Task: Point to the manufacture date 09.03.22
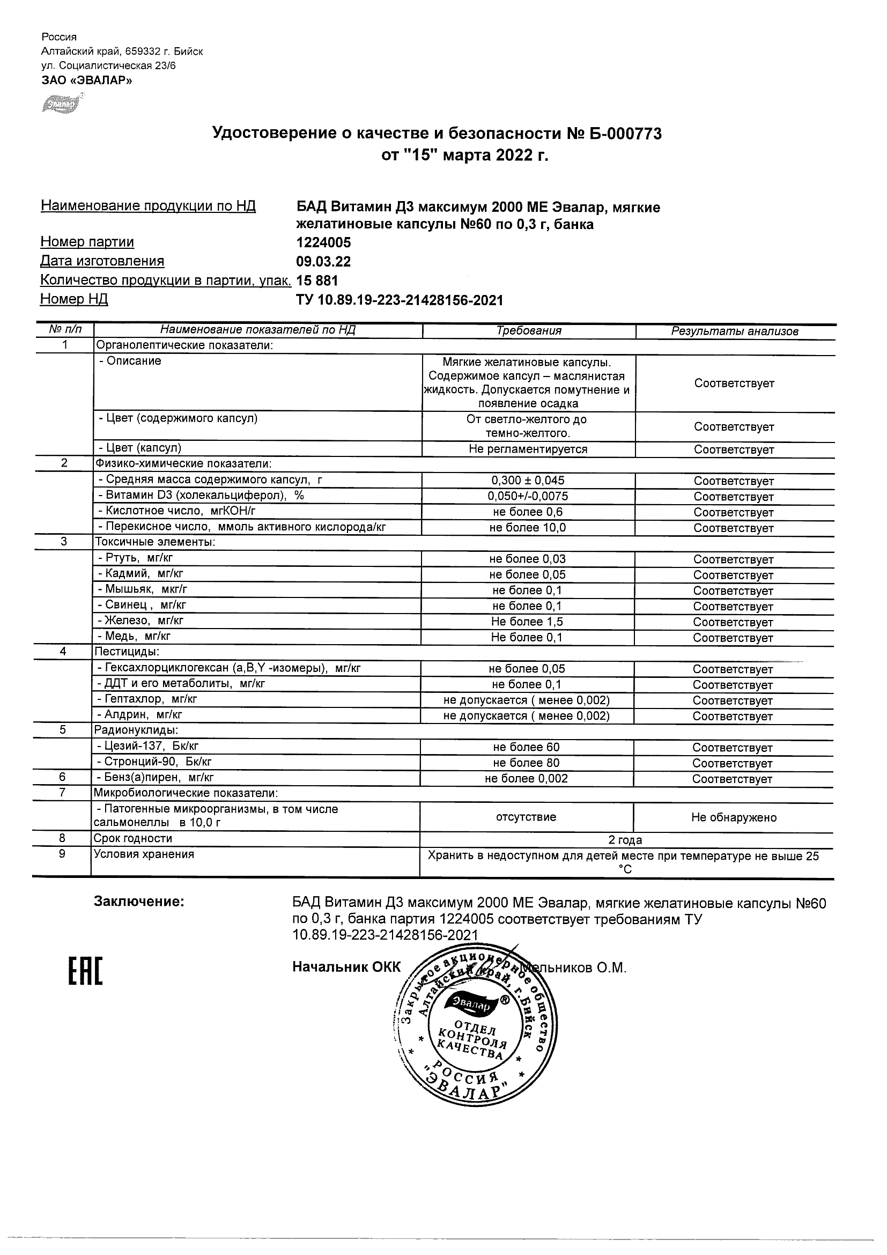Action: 323,261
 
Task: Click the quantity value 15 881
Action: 317,280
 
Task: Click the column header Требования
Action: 528,331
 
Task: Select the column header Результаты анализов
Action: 735,331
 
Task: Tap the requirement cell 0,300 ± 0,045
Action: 528,481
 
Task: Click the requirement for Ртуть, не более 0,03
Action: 527,559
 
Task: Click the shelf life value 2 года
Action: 625,840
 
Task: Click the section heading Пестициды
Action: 127,652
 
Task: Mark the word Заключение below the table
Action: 139,902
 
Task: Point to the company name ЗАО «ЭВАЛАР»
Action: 87,80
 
